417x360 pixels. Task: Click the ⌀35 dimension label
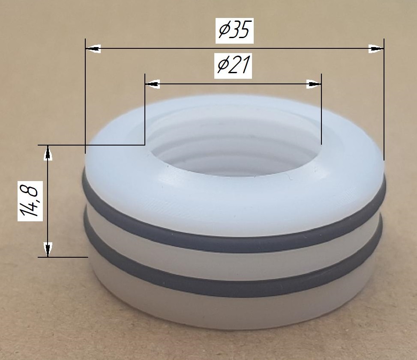[x=234, y=30]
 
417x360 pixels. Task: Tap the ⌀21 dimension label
[x=233, y=66]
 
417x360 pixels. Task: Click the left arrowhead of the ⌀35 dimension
[x=93, y=49]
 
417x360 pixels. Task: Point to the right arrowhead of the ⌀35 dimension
[x=376, y=49]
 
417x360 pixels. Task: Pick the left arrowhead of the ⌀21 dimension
[x=153, y=84]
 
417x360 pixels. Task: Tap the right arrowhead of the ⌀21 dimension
[x=314, y=84]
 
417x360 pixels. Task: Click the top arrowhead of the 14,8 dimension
[x=48, y=153]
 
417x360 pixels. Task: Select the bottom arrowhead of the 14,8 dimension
[x=48, y=250]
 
